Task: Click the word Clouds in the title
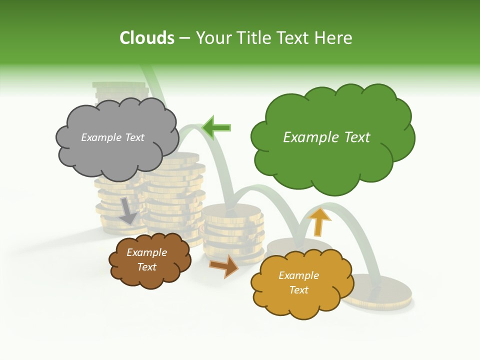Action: (147, 38)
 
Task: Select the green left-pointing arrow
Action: (216, 127)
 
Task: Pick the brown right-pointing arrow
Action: (223, 265)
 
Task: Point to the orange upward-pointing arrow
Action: (319, 221)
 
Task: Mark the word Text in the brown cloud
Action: (147, 267)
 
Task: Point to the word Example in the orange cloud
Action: (298, 275)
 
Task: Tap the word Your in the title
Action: (209, 38)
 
